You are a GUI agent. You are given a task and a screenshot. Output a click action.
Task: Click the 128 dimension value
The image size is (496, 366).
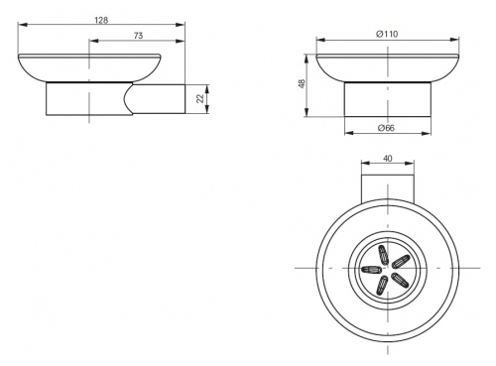tap(101, 20)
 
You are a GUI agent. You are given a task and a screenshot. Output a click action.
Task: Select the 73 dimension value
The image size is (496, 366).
tap(139, 36)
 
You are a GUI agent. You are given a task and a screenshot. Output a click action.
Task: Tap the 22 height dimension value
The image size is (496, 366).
tap(200, 98)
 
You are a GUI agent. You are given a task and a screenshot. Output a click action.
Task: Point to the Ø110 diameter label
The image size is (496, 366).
tap(387, 34)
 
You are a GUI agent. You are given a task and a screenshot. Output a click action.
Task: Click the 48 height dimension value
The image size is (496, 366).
tap(302, 83)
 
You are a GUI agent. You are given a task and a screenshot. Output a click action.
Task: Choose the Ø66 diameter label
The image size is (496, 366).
tap(387, 128)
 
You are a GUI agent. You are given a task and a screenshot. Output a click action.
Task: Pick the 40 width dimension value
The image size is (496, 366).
tap(388, 159)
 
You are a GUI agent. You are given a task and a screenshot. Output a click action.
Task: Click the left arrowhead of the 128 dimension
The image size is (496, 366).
tap(22, 25)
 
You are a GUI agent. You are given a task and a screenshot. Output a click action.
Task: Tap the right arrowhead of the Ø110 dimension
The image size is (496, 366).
tap(455, 40)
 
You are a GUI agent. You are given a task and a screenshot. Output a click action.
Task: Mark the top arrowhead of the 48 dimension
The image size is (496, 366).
tap(307, 59)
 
